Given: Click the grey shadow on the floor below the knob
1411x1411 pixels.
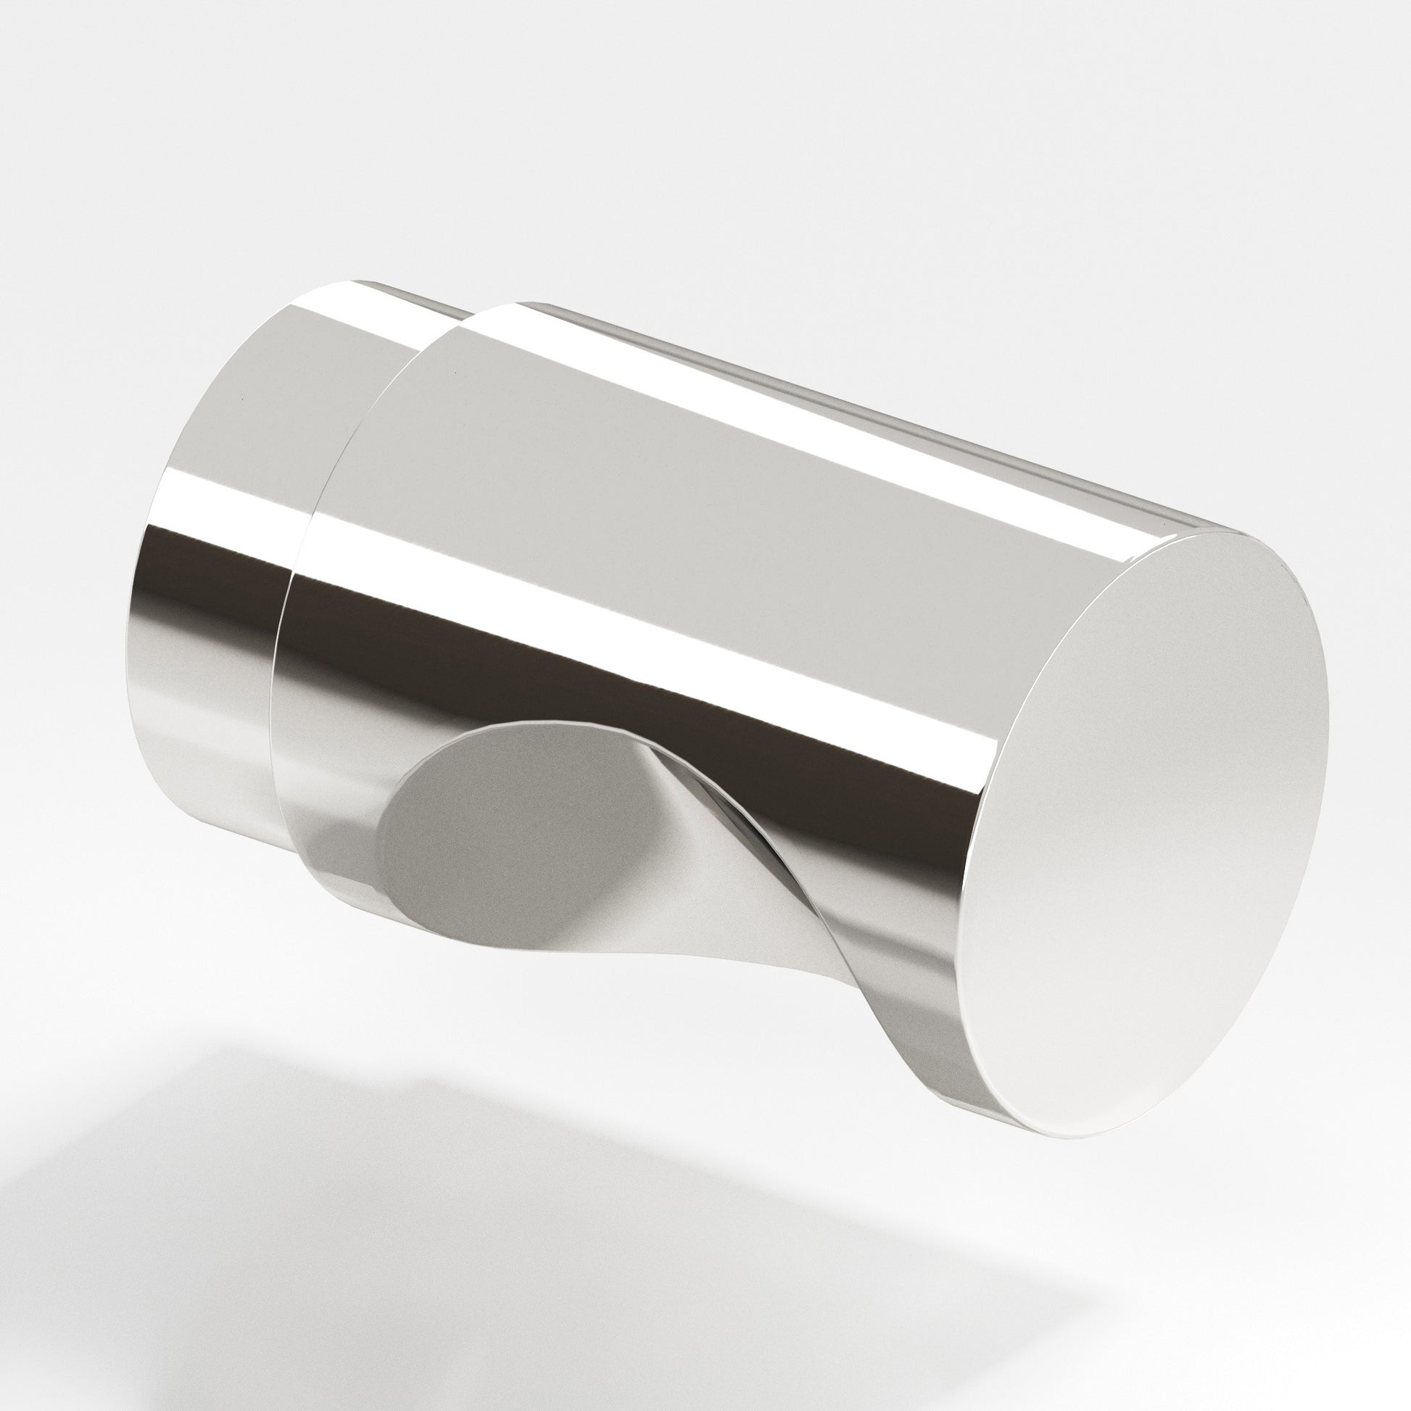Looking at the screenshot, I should coord(365,1241).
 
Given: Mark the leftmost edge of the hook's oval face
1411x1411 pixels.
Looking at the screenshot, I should coord(380,847).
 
